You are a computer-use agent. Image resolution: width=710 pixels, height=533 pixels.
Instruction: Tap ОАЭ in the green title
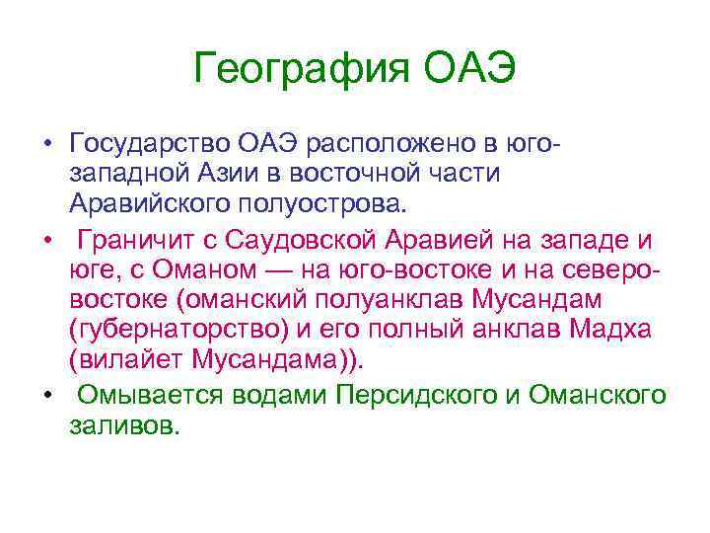[x=470, y=69]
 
